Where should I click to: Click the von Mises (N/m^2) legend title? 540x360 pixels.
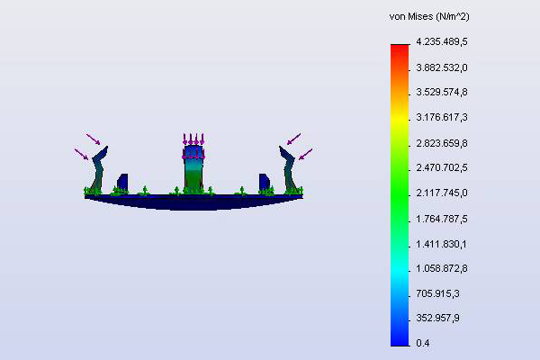pyautogui.click(x=429, y=16)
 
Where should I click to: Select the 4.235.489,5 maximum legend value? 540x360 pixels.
pyautogui.click(x=442, y=42)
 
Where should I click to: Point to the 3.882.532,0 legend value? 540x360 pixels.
pyautogui.click(x=442, y=67)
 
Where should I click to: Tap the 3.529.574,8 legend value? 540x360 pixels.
pyautogui.click(x=442, y=93)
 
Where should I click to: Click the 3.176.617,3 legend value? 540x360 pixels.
pyautogui.click(x=442, y=118)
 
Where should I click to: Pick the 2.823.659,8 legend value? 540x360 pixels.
pyautogui.click(x=442, y=143)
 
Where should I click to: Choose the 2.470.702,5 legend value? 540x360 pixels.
pyautogui.click(x=442, y=167)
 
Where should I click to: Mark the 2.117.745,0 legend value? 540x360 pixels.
pyautogui.click(x=442, y=193)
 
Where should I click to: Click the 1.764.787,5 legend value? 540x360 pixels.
pyautogui.click(x=442, y=219)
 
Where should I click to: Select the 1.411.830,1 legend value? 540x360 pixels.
pyautogui.click(x=442, y=244)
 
